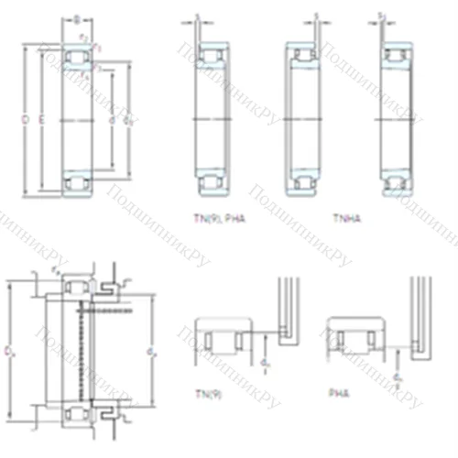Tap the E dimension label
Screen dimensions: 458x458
[42, 120]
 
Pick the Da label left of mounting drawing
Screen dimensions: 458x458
[11, 351]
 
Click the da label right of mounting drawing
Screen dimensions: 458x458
[149, 349]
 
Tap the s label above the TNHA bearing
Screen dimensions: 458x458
[317, 16]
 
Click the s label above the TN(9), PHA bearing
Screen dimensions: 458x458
[197, 16]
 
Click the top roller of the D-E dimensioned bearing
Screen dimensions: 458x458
[77, 60]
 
